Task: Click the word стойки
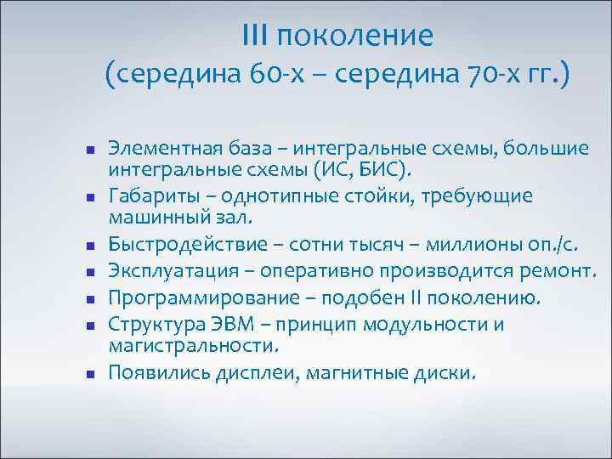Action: pyautogui.click(x=371, y=196)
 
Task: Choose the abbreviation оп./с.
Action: pyautogui.click(x=552, y=246)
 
